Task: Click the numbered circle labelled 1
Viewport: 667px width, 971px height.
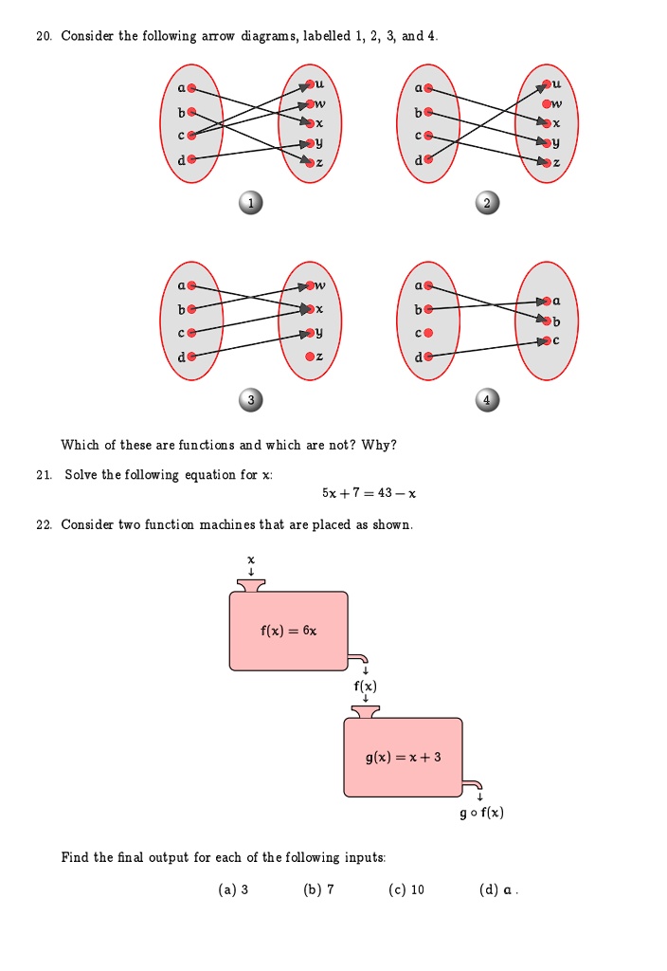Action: tap(249, 203)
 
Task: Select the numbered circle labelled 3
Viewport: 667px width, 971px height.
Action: tap(249, 400)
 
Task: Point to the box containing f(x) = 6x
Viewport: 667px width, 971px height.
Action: tap(289, 631)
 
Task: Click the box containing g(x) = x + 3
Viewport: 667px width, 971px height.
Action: tap(404, 757)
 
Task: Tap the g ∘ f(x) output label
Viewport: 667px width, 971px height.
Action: tap(481, 814)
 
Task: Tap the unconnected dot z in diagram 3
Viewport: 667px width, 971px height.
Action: tap(306, 356)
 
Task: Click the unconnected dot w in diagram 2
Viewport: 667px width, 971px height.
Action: tap(544, 104)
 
